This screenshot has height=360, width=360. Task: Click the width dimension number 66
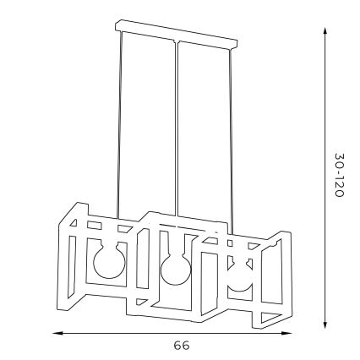pyautogui.click(x=180, y=346)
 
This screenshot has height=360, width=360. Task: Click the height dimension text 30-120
pyautogui.click(x=338, y=176)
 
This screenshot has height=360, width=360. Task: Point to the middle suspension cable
pyautogui.click(x=177, y=127)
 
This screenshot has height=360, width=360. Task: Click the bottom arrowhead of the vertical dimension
pyautogui.click(x=325, y=327)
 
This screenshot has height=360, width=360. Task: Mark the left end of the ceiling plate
pyautogui.click(x=117, y=28)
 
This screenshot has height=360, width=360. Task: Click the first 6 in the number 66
pyautogui.click(x=176, y=346)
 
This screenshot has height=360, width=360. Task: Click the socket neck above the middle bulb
pyautogui.click(x=175, y=252)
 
